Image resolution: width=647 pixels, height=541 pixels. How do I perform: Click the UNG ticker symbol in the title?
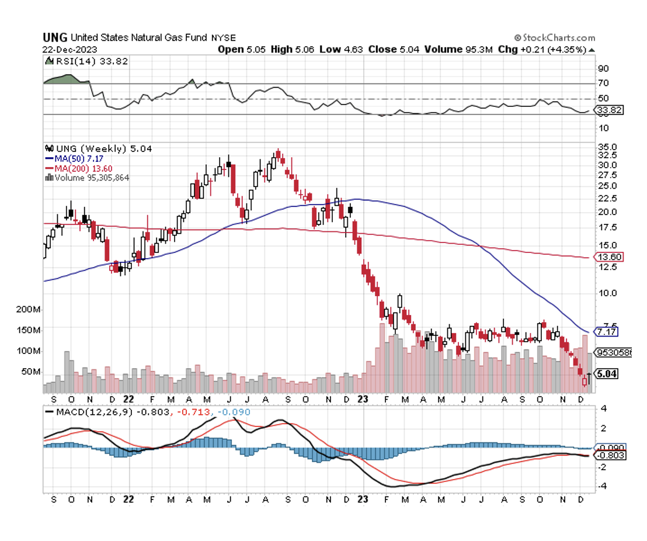[x=54, y=38]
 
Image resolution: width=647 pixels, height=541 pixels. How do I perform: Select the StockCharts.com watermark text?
[x=555, y=38]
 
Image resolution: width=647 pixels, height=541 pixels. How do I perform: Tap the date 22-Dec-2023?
[x=69, y=50]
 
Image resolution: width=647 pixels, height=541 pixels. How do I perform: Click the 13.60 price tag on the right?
[x=608, y=257]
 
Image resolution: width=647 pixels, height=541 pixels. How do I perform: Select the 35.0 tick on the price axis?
[x=606, y=147]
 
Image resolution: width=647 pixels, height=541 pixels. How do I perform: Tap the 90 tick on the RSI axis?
[x=602, y=68]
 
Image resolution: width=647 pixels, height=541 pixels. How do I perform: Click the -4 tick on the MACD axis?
[x=602, y=486]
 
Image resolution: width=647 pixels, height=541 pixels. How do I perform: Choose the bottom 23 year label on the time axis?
[x=363, y=500]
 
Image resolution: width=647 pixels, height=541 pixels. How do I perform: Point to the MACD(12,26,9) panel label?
[x=88, y=412]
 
